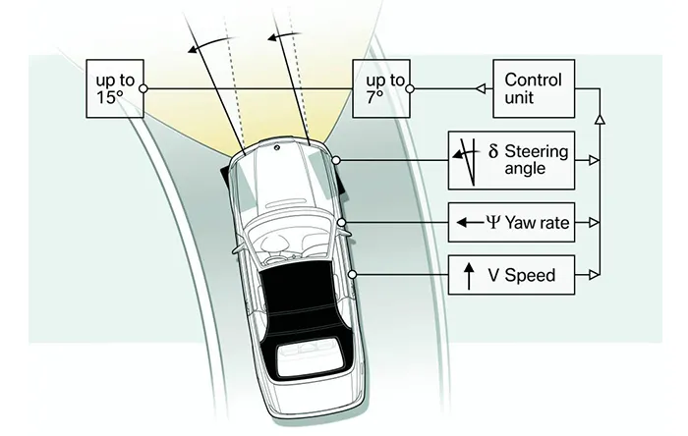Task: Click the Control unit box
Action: [532, 88]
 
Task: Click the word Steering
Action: [537, 151]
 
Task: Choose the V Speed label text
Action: [522, 275]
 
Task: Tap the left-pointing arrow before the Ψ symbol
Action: [468, 223]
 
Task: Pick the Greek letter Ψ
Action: [492, 222]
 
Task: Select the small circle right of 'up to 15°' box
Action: [144, 88]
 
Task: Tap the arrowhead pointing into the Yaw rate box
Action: [594, 222]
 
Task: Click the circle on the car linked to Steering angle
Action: [336, 160]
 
